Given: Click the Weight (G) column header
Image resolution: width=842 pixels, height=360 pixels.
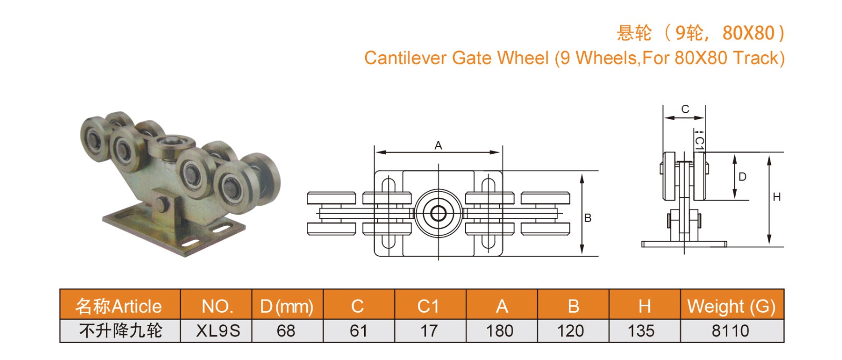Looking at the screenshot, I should point(731,306).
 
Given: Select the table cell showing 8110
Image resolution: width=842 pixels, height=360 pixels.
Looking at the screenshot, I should point(730,331).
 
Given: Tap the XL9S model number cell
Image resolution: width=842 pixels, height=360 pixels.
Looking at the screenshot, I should point(218,331).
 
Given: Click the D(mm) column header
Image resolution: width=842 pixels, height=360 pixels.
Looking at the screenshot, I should point(287,306).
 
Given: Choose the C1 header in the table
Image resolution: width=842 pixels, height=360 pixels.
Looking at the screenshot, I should point(428,306).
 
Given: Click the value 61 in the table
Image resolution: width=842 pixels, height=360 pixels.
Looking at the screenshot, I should point(358,331).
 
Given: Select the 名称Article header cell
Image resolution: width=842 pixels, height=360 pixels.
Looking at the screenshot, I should point(119,306).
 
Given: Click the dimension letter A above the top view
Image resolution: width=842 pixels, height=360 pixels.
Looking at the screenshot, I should point(438,146).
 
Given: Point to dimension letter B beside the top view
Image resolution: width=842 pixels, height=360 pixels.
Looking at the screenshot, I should point(588,218).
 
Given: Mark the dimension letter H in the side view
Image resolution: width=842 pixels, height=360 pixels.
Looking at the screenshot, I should point(777,197).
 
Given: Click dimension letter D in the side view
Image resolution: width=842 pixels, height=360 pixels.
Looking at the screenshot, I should point(743,177).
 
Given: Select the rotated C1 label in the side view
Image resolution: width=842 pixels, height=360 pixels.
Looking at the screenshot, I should point(699,142).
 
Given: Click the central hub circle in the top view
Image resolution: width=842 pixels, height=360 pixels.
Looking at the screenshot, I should point(438,213).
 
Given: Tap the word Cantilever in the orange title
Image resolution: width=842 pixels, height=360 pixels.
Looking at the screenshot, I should point(405,58).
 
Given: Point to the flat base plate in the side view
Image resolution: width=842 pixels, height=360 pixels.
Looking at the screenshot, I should point(684,244).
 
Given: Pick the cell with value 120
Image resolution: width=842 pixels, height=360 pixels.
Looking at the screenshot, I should point(570,331).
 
